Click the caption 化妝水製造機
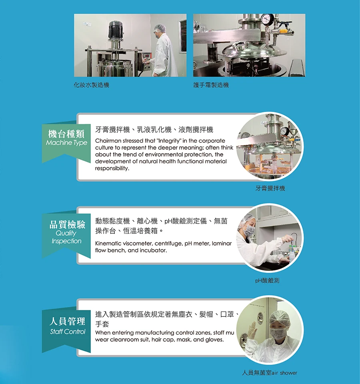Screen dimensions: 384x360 pyautogui.click(x=91, y=85)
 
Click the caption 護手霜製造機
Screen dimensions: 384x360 pyautogui.click(x=211, y=85)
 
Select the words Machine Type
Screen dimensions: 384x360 pyautogui.click(x=66, y=143)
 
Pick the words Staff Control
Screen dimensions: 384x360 pyautogui.click(x=68, y=332)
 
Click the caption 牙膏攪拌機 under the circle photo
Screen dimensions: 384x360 pyautogui.click(x=270, y=188)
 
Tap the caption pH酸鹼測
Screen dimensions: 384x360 pyautogui.click(x=267, y=281)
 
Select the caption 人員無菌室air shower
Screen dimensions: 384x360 pyautogui.click(x=270, y=373)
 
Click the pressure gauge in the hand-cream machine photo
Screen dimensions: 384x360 pyautogui.click(x=266, y=19)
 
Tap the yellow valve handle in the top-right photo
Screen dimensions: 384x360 pyautogui.click(x=283, y=30)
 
